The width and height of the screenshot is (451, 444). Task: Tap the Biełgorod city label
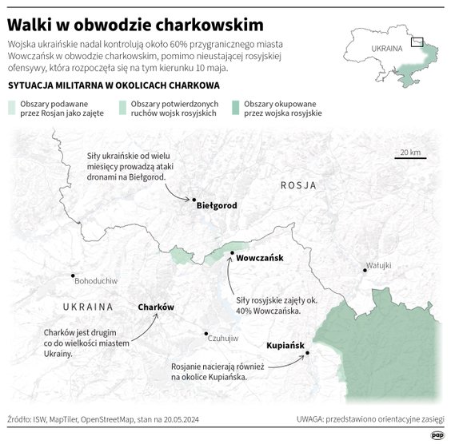(x=217, y=206)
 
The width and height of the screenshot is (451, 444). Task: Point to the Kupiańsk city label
(x=286, y=346)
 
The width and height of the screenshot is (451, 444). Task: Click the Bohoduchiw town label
(x=95, y=282)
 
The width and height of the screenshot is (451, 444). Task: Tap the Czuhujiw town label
(x=223, y=339)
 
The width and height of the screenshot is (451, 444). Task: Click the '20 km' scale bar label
(x=410, y=153)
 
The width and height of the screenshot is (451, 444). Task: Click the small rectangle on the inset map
(x=417, y=43)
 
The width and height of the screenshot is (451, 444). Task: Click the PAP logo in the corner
(x=437, y=434)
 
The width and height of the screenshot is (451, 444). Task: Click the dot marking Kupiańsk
(x=307, y=353)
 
